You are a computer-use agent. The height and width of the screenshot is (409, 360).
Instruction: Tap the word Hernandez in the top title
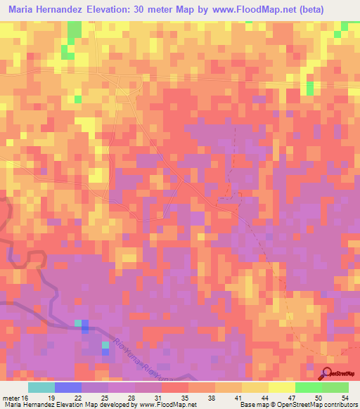coord(74,11)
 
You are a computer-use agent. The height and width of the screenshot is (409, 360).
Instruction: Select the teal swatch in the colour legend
coord(41,387)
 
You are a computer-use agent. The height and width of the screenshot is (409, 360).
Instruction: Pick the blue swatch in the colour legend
coord(68,387)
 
